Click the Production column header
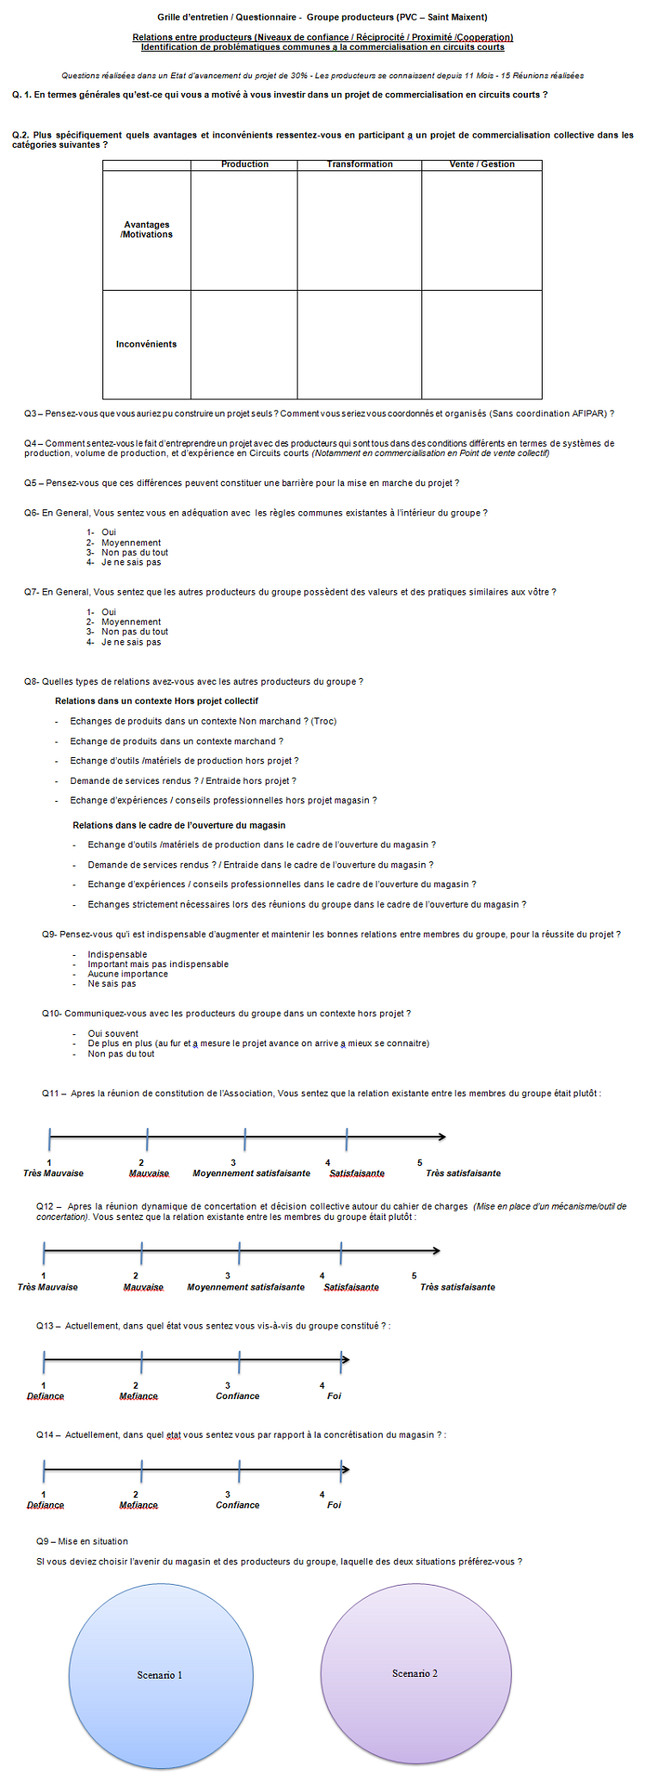(244, 164)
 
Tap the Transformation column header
(359, 164)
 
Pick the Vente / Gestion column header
(482, 164)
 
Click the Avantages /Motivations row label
(146, 230)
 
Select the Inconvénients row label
(146, 344)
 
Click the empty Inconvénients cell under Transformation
(359, 344)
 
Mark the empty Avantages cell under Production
(244, 230)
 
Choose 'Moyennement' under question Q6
(131, 543)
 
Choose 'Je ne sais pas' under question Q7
(131, 642)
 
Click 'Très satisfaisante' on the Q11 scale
(463, 1173)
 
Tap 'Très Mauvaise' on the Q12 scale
(47, 1287)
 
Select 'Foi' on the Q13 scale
(334, 1396)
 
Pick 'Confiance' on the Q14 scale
(237, 1505)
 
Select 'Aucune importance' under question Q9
(127, 974)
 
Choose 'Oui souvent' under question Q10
(113, 1033)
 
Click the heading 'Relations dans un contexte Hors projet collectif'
(157, 701)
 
